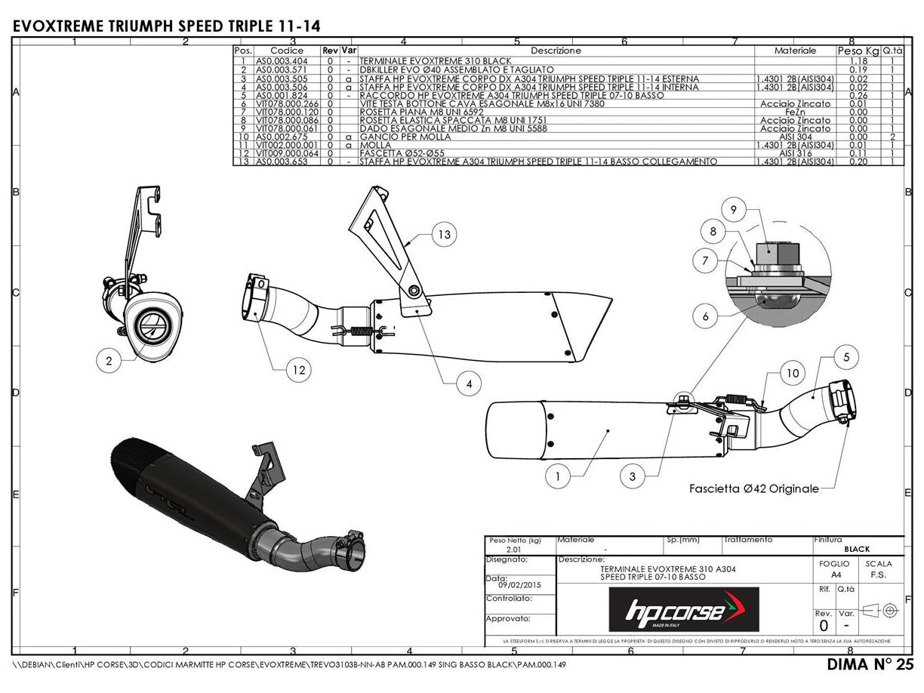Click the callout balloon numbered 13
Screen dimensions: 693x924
pyautogui.click(x=445, y=235)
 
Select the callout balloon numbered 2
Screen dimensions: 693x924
pyautogui.click(x=109, y=362)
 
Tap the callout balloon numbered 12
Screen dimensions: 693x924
pyautogui.click(x=299, y=369)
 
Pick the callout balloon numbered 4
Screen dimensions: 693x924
pyautogui.click(x=469, y=384)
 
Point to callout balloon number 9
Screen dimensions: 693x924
pyautogui.click(x=732, y=209)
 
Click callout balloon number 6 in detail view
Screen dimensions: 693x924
pyautogui.click(x=705, y=316)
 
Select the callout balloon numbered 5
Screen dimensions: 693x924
pyautogui.click(x=847, y=356)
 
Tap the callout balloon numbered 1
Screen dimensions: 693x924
pyautogui.click(x=557, y=476)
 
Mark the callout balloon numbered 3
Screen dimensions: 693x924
pyautogui.click(x=633, y=476)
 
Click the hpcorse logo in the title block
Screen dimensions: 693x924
pyautogui.click(x=684, y=609)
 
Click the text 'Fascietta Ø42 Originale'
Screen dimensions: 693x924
pyautogui.click(x=753, y=489)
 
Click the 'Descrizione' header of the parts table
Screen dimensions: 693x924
pyautogui.click(x=556, y=51)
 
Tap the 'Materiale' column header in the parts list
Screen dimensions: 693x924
pyautogui.click(x=795, y=51)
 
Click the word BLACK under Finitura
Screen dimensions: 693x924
pyautogui.click(x=857, y=550)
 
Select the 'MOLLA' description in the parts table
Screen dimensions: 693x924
pyautogui.click(x=376, y=145)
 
